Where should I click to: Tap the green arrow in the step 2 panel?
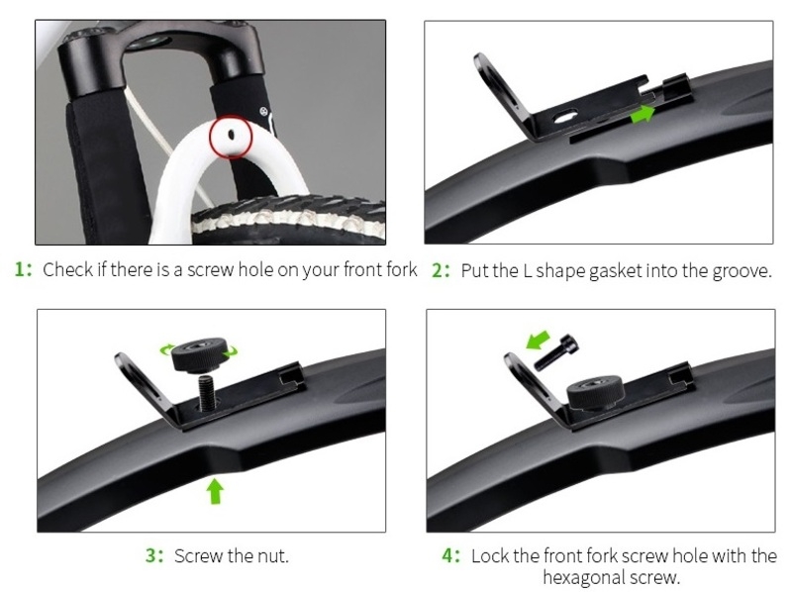(x=643, y=114)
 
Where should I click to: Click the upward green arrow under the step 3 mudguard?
(x=216, y=491)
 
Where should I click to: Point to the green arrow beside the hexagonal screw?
(x=538, y=340)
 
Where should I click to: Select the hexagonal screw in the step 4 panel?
(x=556, y=352)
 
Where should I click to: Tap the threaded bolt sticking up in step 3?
(x=206, y=391)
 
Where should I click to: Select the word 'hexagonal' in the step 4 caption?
(x=580, y=577)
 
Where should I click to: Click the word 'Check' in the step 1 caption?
(x=67, y=269)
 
